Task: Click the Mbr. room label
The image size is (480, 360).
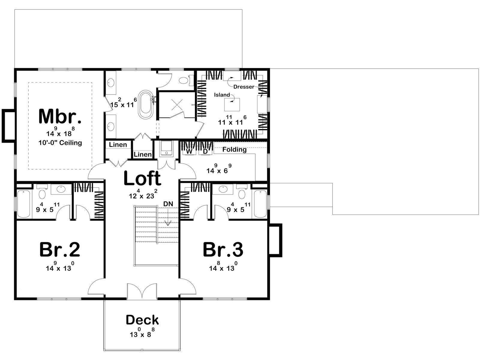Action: click(60, 116)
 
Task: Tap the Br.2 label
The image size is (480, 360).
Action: click(60, 250)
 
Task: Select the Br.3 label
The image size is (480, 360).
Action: click(223, 250)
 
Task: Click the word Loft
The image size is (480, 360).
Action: click(142, 178)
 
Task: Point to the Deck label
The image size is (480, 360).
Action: click(142, 320)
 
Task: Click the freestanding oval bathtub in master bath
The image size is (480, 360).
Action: click(145, 104)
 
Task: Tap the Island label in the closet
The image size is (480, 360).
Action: click(222, 94)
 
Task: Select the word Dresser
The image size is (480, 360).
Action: click(244, 87)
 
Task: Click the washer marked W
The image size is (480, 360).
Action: click(189, 151)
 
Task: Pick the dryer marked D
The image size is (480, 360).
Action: click(205, 151)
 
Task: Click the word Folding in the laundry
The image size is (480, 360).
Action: click(234, 149)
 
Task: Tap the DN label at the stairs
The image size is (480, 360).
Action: click(168, 204)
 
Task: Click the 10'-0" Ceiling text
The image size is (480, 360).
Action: click(60, 143)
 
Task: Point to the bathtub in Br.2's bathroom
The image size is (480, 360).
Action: click(23, 204)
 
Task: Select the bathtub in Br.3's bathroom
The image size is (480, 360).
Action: click(260, 204)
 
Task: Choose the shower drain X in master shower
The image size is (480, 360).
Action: click(177, 105)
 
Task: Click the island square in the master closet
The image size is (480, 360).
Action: click(232, 104)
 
